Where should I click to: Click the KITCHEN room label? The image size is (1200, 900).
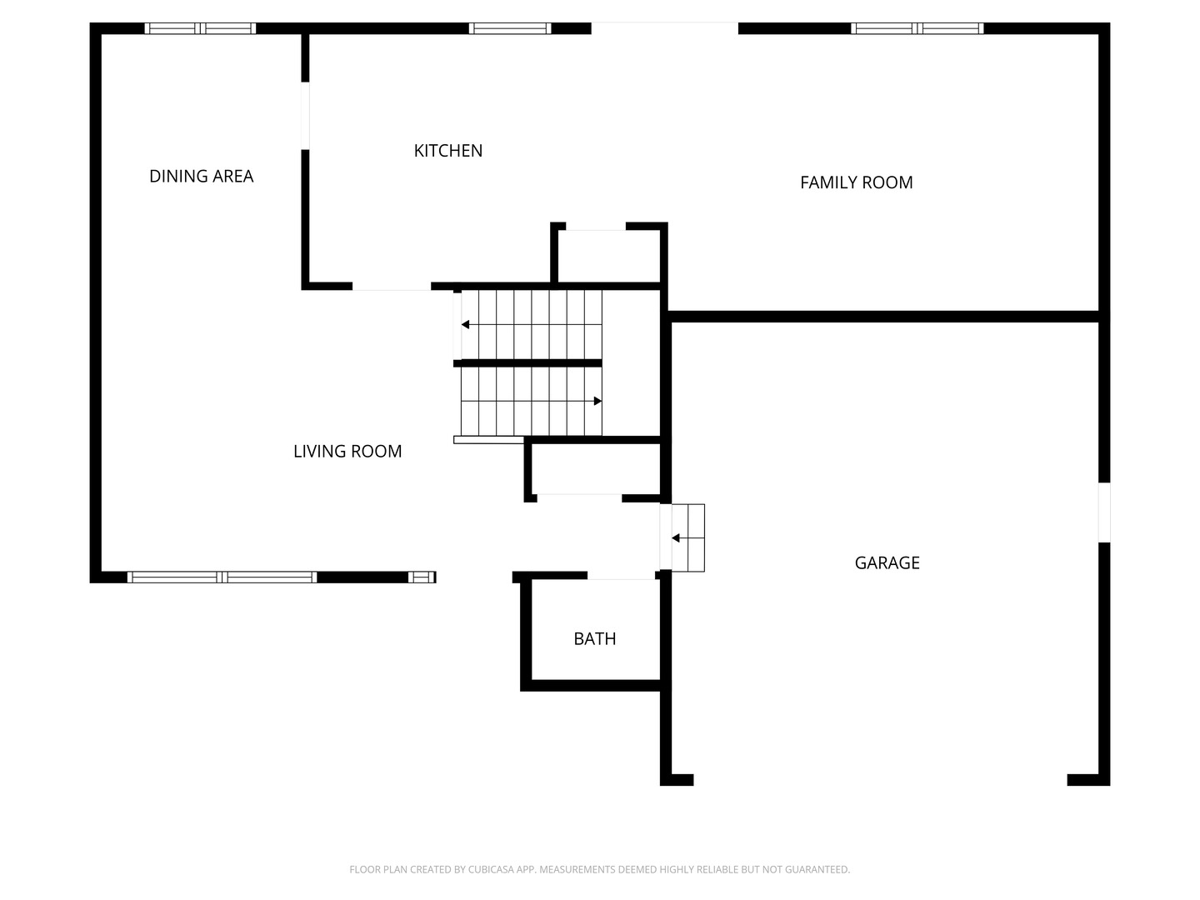pos(447,151)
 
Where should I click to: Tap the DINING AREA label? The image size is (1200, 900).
pos(201,177)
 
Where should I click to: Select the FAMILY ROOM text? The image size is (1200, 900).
pos(856,182)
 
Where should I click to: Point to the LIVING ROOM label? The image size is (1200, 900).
pos(347,452)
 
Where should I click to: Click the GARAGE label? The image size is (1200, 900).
pos(887,562)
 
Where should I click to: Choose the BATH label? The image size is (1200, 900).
pos(595,639)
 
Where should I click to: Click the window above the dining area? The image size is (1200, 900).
pos(200,28)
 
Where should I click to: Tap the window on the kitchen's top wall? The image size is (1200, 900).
pos(510,28)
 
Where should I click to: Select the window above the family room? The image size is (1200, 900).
pos(917,28)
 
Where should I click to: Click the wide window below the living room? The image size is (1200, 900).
pos(222,577)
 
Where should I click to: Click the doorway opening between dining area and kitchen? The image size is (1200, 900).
pos(305,116)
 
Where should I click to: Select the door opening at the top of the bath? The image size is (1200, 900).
pos(621,575)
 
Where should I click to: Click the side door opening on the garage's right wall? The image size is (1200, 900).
pos(1104,512)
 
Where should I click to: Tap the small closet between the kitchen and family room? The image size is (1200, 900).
pos(609,256)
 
